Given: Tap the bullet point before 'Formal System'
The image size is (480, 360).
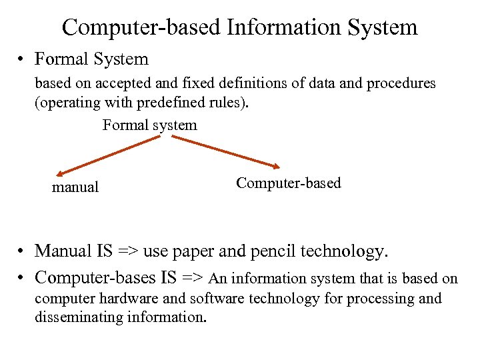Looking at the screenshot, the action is tap(23, 59).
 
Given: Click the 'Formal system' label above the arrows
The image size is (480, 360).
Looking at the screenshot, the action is tap(149, 125).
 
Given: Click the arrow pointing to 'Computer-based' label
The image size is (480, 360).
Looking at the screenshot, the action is tap(226, 151).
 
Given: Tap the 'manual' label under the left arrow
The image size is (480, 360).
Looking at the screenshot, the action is tap(75, 187).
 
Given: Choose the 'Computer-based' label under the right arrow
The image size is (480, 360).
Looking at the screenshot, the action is tap(288, 183).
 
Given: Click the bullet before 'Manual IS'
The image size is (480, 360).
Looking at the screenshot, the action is tap(23, 251).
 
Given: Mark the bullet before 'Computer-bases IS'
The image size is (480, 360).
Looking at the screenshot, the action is tap(23, 278).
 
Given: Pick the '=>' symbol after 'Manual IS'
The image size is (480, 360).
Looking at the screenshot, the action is tap(130, 251).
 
